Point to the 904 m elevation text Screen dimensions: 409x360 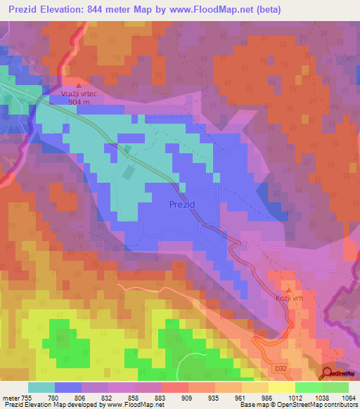80,102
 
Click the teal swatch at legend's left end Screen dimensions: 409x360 41,387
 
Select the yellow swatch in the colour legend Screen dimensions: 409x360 281,387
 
